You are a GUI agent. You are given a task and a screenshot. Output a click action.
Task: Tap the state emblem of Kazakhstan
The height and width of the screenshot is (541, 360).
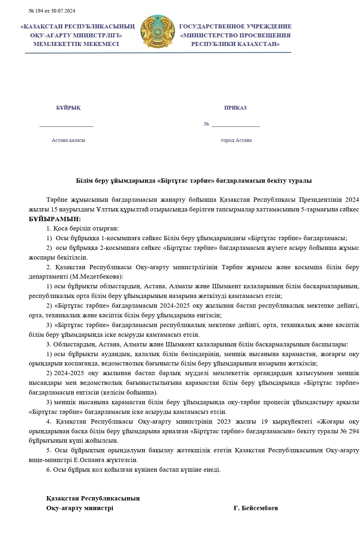point(157,32)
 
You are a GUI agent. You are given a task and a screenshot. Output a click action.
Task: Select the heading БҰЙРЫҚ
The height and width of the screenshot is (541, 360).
point(68,108)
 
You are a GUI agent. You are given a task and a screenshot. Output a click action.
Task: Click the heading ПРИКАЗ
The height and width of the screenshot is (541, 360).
point(235,108)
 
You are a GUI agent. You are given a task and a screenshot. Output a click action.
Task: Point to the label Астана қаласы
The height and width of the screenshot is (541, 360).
point(68,140)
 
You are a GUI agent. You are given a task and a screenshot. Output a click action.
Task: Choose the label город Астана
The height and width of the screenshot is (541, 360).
point(236,140)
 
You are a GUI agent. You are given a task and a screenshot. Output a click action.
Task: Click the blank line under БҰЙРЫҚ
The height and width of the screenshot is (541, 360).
point(66,126)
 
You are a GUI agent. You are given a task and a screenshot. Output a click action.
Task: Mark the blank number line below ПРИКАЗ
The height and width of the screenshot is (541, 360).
point(236,126)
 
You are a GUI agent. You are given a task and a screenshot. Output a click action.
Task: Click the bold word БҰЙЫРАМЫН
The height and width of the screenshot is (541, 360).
point(55,219)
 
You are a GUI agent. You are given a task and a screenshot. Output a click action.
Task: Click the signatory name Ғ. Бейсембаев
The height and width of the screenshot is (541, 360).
point(255,508)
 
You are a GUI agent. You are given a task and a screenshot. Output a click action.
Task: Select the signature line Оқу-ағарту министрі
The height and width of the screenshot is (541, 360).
point(79,508)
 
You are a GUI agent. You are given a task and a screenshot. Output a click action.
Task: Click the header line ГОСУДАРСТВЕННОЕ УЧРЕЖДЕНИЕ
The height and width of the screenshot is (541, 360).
point(235,27)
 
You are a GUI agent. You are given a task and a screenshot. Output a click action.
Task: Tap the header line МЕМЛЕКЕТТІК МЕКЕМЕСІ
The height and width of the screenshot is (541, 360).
point(76,44)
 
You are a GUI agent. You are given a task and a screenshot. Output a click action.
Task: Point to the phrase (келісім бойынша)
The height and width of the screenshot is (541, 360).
point(129,392)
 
